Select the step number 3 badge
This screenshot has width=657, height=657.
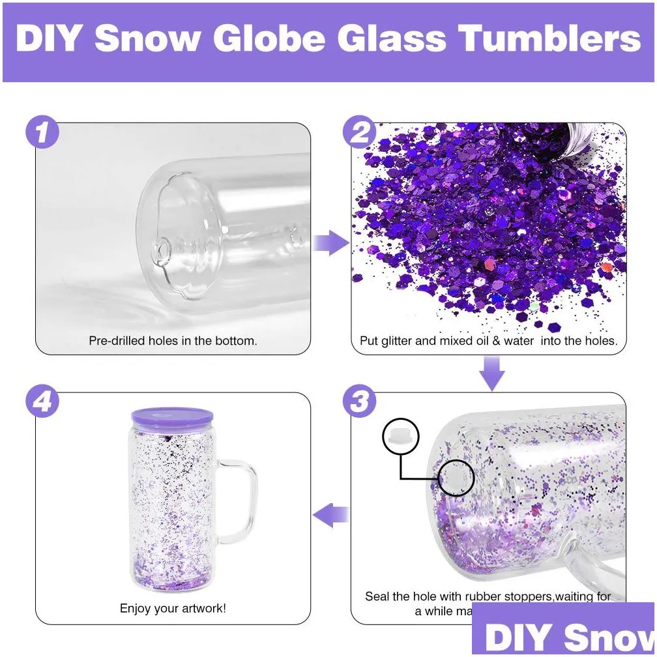click(360, 401)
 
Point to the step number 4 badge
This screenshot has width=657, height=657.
click(43, 401)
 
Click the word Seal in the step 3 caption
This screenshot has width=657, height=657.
click(377, 596)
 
